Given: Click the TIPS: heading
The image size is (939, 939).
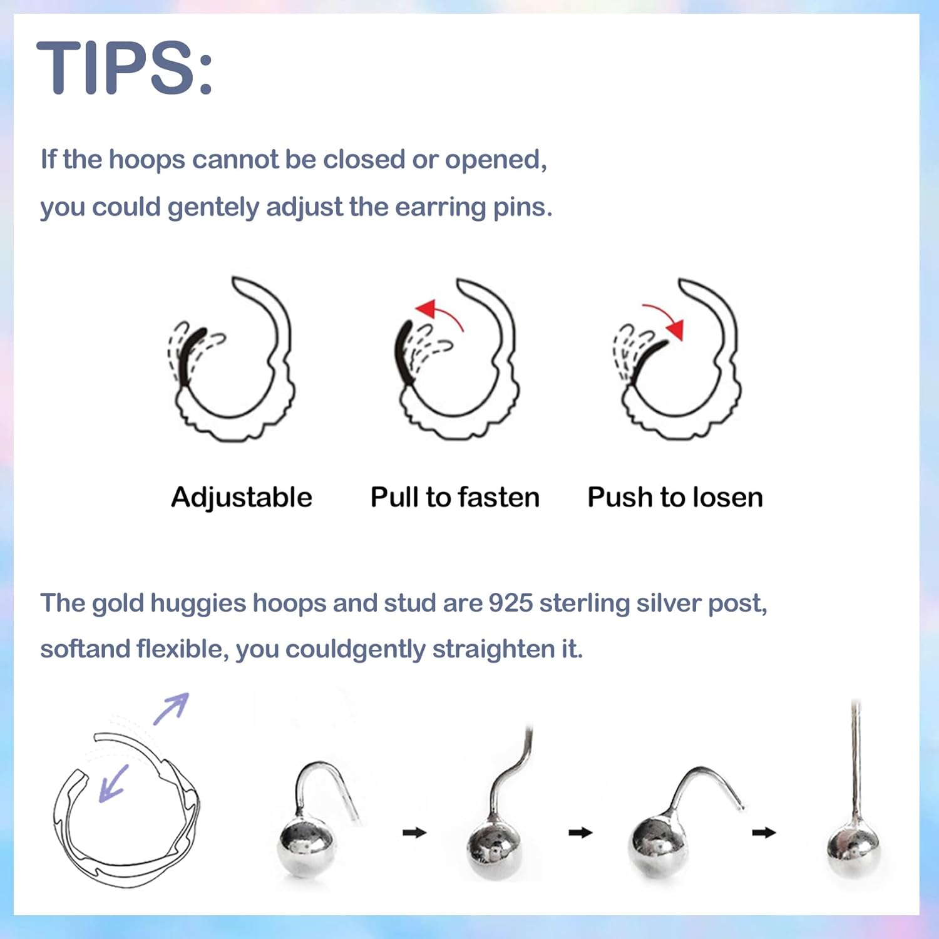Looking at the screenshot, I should tap(125, 68).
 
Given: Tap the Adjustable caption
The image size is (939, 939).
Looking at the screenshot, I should tap(242, 498).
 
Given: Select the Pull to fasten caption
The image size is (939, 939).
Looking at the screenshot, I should tap(455, 498).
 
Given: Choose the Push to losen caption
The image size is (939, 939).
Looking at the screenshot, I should tap(675, 498).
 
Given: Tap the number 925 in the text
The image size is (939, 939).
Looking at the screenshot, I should tap(510, 603).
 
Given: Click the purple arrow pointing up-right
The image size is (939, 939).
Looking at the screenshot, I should tap(172, 709).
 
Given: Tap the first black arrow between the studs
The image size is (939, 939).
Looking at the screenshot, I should tap(414, 833).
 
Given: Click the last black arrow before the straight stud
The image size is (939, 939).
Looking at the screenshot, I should tap(764, 833).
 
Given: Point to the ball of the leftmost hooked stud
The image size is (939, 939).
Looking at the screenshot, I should tap(307, 845).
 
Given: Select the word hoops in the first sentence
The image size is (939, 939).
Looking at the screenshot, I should tap(147, 160).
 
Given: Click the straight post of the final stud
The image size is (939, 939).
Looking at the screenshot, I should tap(856, 757).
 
